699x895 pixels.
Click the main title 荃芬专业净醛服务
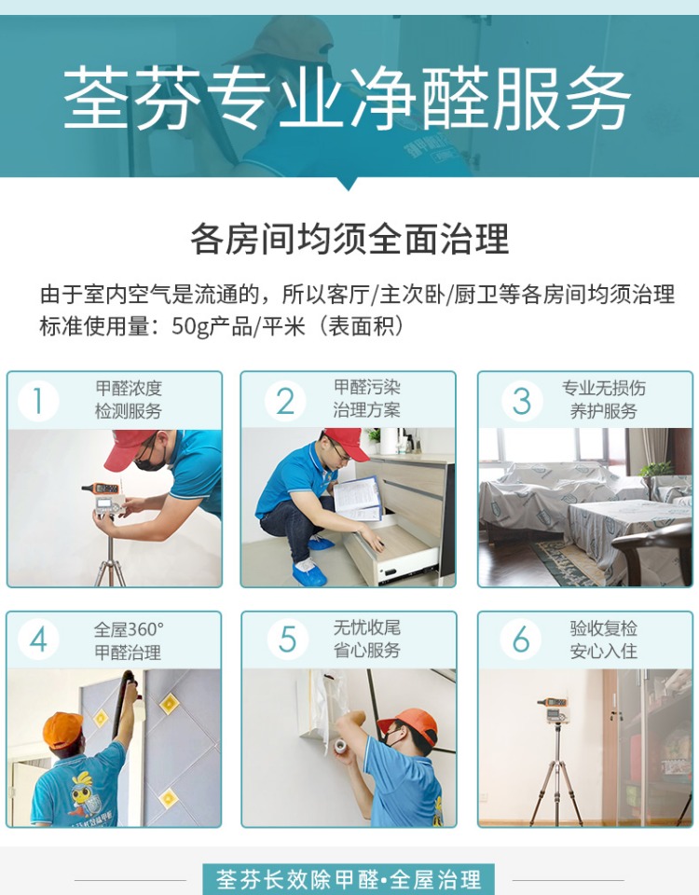tap(348, 98)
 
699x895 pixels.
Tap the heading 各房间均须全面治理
tap(349, 239)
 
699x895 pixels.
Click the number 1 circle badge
tap(38, 401)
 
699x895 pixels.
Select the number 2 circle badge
tap(285, 401)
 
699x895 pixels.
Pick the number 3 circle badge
tap(522, 401)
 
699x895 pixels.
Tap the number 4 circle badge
tap(38, 640)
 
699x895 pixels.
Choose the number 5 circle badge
tap(287, 640)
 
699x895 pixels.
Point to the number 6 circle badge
tap(521, 640)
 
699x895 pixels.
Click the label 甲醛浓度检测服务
tap(129, 400)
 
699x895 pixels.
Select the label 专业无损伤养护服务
tap(604, 400)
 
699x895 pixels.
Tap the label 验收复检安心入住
tap(604, 640)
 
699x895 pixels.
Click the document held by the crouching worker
tap(357, 498)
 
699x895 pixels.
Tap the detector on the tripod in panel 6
tap(553, 709)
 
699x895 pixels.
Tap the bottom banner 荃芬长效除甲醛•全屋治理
tap(349, 879)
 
